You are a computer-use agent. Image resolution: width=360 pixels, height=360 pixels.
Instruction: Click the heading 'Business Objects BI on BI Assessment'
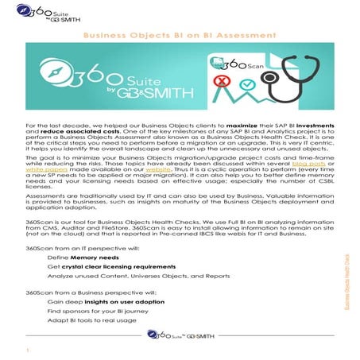coord(180,35)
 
